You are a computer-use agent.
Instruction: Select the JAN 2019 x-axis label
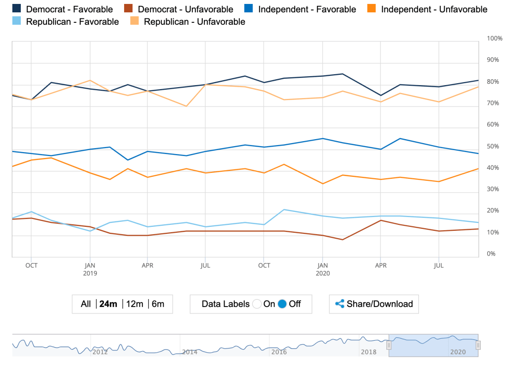(x=90, y=269)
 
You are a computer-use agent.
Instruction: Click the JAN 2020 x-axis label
(x=322, y=269)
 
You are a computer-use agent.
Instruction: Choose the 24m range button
(x=108, y=304)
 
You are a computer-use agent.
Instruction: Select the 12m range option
(x=135, y=304)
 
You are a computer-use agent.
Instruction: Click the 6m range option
(x=158, y=304)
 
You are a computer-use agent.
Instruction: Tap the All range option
(x=86, y=304)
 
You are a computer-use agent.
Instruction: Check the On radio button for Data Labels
(x=256, y=304)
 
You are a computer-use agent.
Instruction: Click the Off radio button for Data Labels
(x=282, y=304)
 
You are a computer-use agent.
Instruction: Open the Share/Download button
(x=374, y=304)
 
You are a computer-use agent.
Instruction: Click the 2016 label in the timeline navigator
(x=279, y=352)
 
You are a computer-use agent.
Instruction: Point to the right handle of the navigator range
(x=478, y=345)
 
